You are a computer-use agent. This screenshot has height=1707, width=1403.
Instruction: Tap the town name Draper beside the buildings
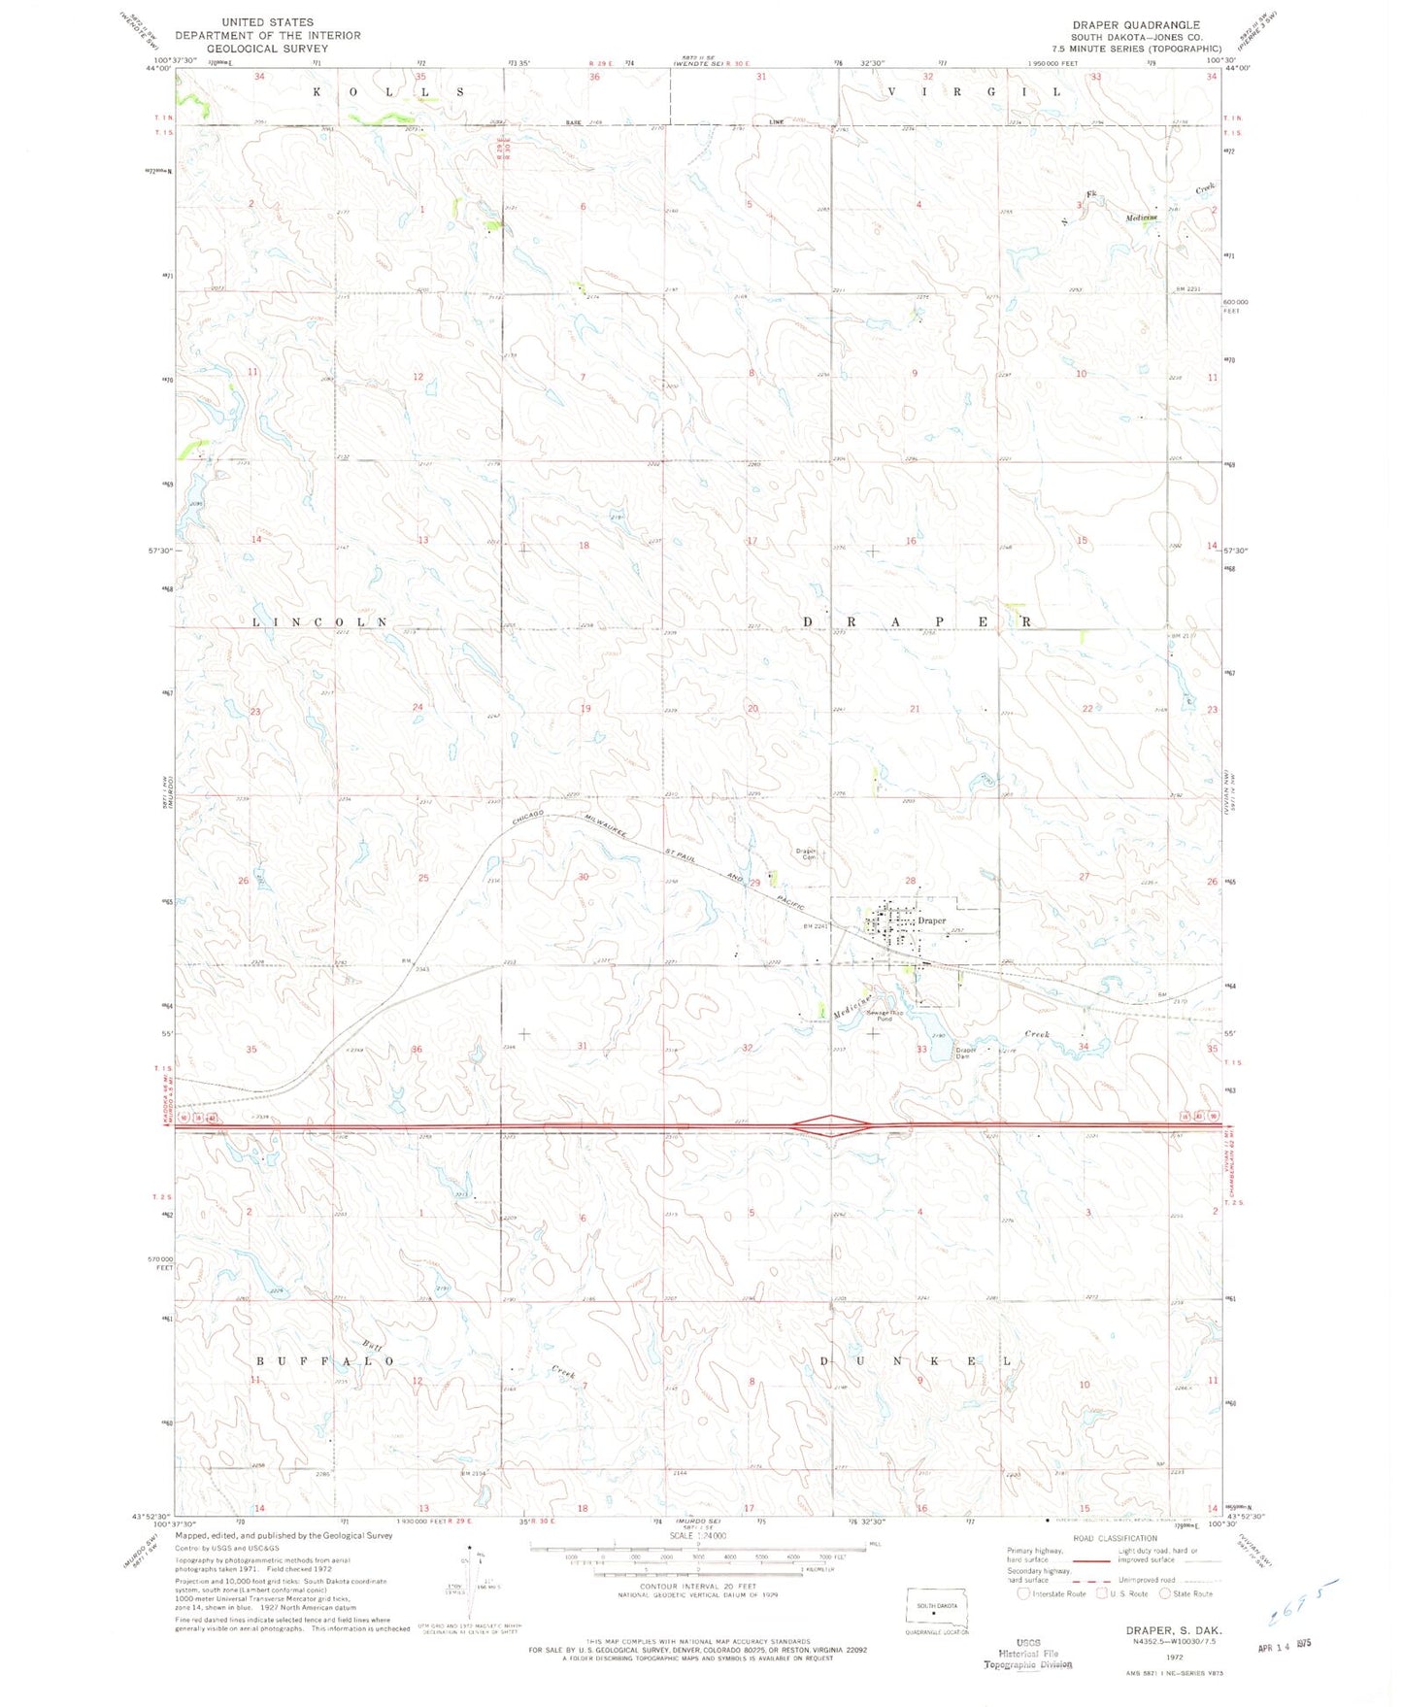[x=931, y=920]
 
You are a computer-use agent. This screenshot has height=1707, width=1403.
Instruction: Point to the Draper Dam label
[x=965, y=1053]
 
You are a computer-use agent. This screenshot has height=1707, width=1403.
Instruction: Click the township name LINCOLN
[x=320, y=621]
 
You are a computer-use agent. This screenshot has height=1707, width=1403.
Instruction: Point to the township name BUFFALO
[x=325, y=1361]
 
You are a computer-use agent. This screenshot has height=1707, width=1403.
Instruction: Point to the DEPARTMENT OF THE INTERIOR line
[x=268, y=35]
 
